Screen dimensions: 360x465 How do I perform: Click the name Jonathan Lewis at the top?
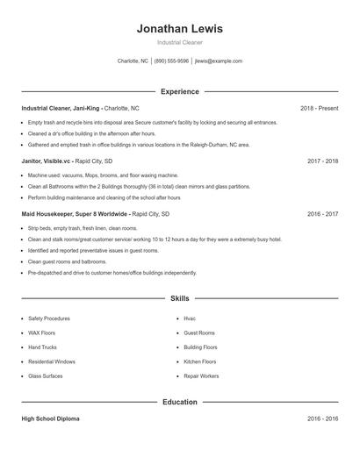point(179,28)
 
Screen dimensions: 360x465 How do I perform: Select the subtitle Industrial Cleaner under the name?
point(179,42)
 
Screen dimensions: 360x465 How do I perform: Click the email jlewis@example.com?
point(219,61)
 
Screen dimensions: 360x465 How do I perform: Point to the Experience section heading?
point(179,91)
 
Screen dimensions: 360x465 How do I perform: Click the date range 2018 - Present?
point(319,108)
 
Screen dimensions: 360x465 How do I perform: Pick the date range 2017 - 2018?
point(322,161)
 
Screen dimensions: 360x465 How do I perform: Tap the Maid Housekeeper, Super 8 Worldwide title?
point(74,214)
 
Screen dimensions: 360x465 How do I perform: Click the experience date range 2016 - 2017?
point(322,214)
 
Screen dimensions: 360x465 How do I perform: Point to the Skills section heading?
point(179,298)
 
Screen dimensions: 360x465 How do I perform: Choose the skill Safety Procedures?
point(49,318)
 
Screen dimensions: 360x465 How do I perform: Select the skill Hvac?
point(190,318)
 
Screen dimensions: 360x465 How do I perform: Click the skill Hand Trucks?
point(44,347)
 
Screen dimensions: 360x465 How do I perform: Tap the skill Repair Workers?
point(201,376)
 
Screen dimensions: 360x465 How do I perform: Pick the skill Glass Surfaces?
point(46,376)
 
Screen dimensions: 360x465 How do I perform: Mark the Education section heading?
point(179,402)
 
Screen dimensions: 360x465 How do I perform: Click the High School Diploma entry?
point(50,419)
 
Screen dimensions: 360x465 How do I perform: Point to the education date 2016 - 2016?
point(322,419)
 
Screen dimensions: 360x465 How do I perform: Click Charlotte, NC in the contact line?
point(133,61)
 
